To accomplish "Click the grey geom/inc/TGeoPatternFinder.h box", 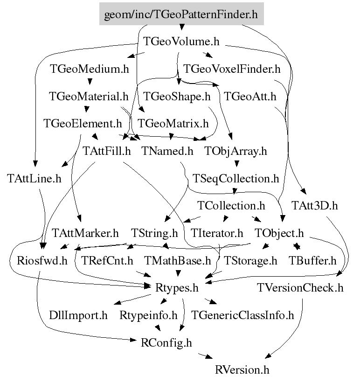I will point(181,15).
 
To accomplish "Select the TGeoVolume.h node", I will point(181,42).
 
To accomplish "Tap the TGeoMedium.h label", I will point(90,69).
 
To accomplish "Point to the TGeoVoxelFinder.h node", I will point(232,69).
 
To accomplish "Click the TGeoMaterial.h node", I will point(89,97).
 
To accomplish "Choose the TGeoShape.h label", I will point(177,97).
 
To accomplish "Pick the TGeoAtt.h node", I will point(250,97).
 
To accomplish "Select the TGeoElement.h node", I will point(82,124).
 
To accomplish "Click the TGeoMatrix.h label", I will point(173,124).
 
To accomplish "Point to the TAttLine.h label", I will point(35,178).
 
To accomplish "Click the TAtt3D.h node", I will point(314,205).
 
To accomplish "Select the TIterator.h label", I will point(217,232).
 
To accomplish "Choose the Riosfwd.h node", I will point(36,260).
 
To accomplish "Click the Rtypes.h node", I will point(177,288).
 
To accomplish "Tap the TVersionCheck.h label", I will point(300,288).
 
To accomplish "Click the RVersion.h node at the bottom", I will point(242,370).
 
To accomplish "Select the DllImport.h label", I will point(78,315).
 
